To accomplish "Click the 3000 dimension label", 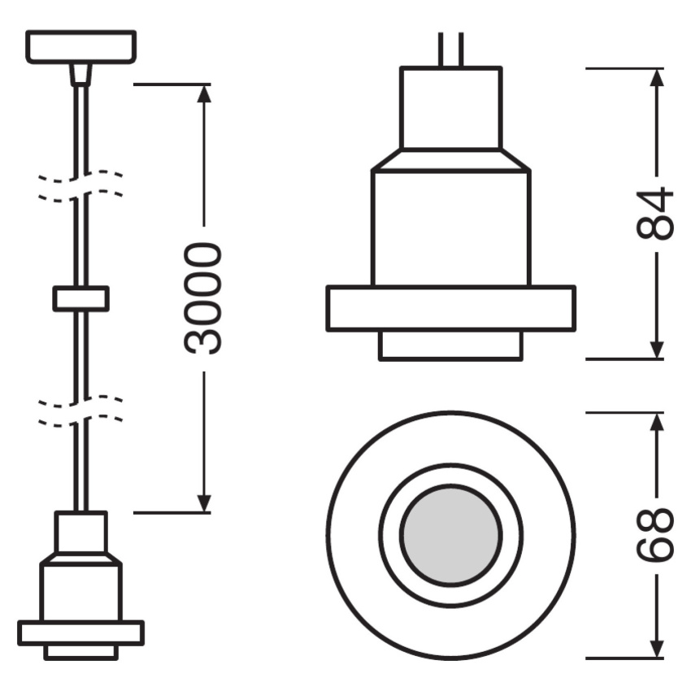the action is pos(203,298).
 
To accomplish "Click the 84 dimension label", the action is pos(655,214).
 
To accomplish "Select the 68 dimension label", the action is pos(655,535).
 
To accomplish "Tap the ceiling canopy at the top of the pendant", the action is pos(81,46).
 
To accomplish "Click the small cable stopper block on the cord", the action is pos(81,299).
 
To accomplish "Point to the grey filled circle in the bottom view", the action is pos(451,535).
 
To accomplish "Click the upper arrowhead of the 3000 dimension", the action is pos(203,93).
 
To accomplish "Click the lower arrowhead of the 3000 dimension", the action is pos(203,504).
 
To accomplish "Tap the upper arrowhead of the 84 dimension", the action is pos(657,78).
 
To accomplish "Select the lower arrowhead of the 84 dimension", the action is pos(657,350).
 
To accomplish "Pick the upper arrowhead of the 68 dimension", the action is pos(657,422).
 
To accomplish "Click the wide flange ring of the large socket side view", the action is pos(451,308).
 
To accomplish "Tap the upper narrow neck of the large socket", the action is pos(451,108).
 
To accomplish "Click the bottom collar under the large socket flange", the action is pos(451,345).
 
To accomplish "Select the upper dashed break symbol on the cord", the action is pos(80,186).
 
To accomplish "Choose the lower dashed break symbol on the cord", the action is pos(80,411).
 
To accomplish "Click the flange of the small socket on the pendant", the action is pos(81,632).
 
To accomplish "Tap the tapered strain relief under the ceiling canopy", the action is pos(81,74).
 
